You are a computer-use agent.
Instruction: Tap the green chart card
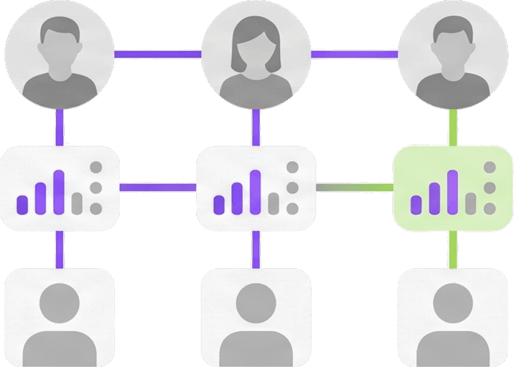[452, 187]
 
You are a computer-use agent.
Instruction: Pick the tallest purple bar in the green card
[452, 192]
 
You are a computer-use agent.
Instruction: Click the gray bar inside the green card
[470, 203]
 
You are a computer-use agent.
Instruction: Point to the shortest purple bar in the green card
[416, 204]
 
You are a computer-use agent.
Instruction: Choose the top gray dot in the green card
[489, 167]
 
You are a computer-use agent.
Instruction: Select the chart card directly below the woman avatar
[256, 187]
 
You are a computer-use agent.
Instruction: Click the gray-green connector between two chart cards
[354, 188]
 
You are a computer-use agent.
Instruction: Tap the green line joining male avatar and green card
[453, 127]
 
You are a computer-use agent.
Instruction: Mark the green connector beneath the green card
[453, 249]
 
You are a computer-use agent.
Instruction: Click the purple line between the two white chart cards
[158, 188]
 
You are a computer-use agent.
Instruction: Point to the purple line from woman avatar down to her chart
[256, 127]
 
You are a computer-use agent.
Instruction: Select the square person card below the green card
[452, 317]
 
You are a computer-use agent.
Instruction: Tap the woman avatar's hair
[256, 32]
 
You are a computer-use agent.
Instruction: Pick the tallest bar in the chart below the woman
[255, 192]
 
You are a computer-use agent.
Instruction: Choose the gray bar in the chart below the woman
[273, 203]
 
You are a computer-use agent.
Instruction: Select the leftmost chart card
[59, 187]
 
